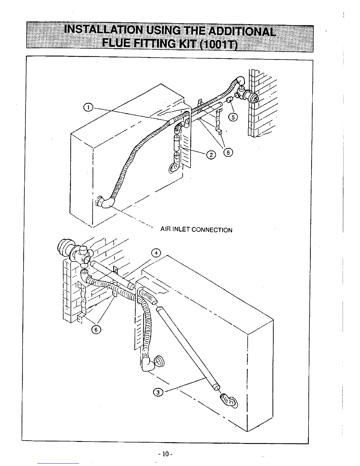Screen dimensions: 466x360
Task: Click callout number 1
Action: tap(88, 107)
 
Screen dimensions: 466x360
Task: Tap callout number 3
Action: tap(158, 392)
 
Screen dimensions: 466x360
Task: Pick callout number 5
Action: tap(233, 117)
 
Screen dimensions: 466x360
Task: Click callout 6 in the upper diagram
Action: tap(228, 152)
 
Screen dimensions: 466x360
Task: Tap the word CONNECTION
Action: tap(212, 230)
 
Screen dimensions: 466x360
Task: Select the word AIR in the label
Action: tap(165, 230)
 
